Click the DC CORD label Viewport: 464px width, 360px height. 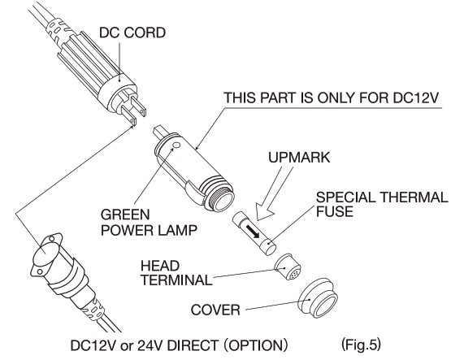click(x=132, y=33)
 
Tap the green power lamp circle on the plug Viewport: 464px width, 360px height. click(x=176, y=145)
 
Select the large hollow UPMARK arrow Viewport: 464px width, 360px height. click(x=274, y=193)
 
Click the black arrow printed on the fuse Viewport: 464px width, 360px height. click(x=251, y=232)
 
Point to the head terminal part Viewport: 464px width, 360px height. click(x=288, y=267)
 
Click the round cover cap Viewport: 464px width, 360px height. click(x=318, y=297)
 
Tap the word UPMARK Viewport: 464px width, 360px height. click(x=299, y=158)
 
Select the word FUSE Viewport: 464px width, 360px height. click(x=334, y=211)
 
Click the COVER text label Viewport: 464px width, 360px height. click(x=215, y=310)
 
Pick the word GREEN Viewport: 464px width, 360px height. click(x=125, y=215)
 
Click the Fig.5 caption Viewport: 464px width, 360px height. click(x=361, y=345)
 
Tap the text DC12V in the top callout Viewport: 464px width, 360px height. click(x=416, y=98)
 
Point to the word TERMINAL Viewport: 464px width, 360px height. click(x=176, y=280)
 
